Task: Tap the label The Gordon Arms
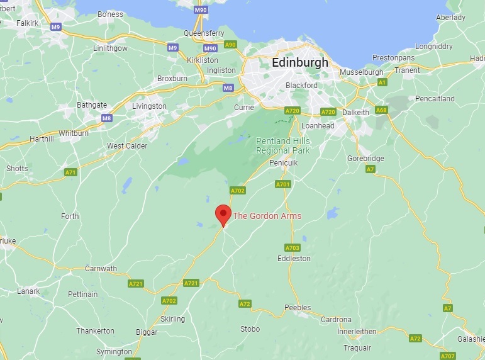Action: coord(267,216)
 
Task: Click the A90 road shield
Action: coord(231,44)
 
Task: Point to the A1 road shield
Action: coord(381,82)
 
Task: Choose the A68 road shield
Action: coord(381,110)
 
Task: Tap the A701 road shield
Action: coord(283,184)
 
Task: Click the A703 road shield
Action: coord(293,247)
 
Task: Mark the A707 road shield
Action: coord(447,356)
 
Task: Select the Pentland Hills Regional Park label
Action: coord(282,146)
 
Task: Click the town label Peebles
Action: coord(298,308)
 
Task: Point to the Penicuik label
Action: coord(282,162)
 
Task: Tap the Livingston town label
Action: coord(149,106)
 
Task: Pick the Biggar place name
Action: coord(147,332)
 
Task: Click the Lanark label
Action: coord(28,291)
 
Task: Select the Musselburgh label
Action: coord(361,72)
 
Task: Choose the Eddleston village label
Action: coord(293,259)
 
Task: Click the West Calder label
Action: coord(127,146)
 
